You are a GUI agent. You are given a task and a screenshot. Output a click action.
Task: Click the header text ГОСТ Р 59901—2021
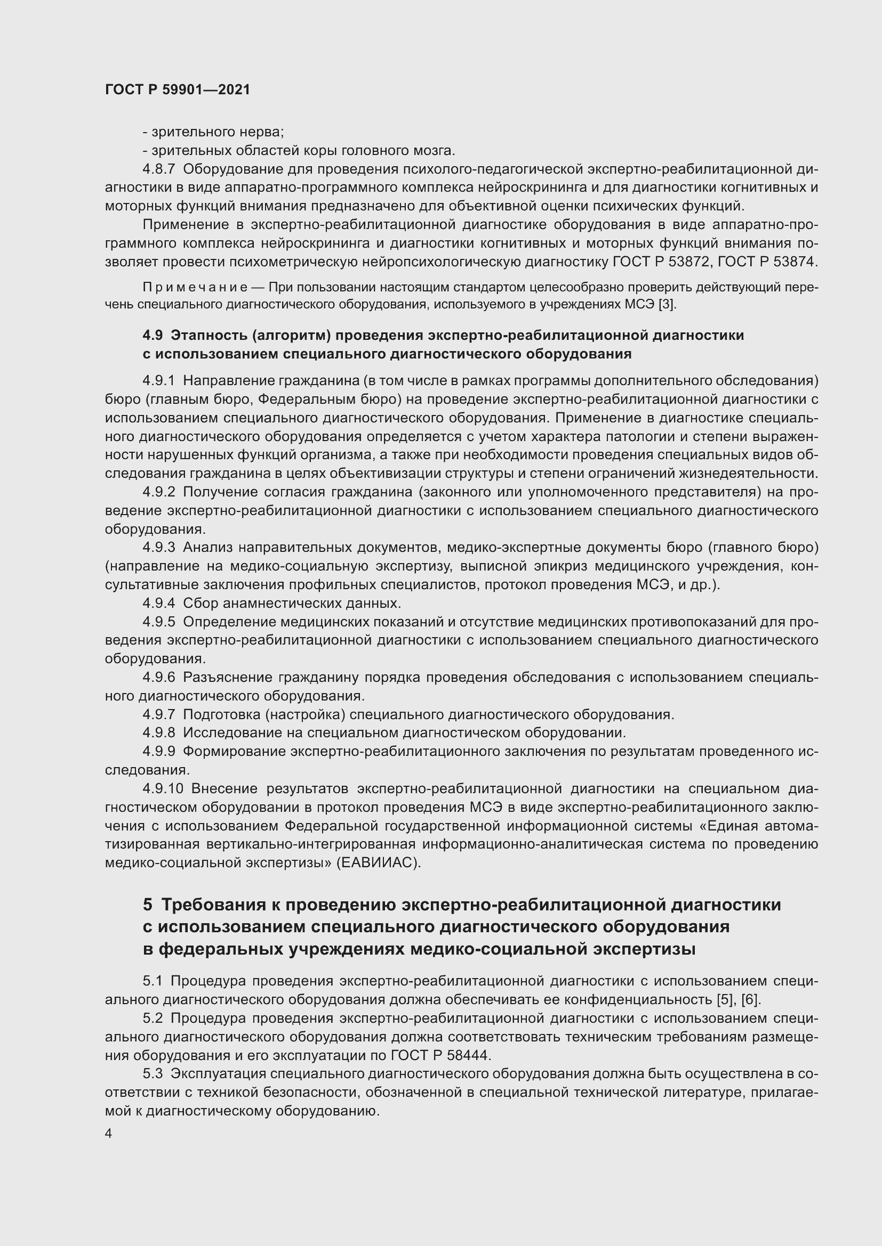click(x=178, y=90)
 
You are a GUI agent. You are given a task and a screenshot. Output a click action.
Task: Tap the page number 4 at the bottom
click(x=109, y=1134)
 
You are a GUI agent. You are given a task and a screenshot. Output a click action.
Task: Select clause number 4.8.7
click(x=158, y=169)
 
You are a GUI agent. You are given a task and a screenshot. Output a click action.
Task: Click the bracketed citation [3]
click(x=667, y=305)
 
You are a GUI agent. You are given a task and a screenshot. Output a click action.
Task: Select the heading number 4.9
click(x=153, y=336)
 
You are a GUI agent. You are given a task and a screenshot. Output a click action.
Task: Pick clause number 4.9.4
click(x=158, y=603)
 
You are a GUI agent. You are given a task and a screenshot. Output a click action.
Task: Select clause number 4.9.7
click(x=158, y=714)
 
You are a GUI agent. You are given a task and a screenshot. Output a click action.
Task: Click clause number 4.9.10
click(x=163, y=788)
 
